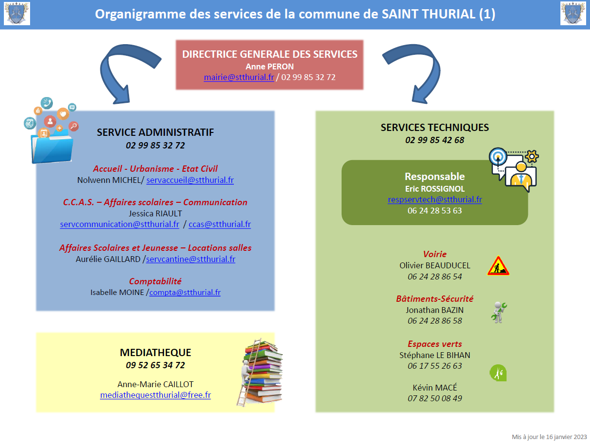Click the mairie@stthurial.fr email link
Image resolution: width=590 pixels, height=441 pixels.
(239, 77)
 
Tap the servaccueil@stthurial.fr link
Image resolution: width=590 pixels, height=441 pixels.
(190, 180)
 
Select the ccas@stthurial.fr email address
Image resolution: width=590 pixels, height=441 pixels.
(220, 224)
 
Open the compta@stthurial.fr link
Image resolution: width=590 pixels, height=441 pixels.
(185, 292)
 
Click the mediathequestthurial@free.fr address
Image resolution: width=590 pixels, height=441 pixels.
(155, 395)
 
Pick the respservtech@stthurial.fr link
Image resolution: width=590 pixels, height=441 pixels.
(435, 199)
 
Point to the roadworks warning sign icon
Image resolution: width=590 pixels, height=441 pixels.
(498, 266)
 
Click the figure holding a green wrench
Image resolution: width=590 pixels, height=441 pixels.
(498, 312)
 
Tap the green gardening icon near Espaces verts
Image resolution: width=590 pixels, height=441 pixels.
(498, 373)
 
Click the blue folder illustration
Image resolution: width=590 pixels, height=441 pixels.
(51, 146)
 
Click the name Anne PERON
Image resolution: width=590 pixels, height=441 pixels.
(269, 66)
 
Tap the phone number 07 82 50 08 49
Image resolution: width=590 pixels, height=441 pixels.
(435, 398)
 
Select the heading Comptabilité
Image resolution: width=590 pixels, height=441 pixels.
(155, 281)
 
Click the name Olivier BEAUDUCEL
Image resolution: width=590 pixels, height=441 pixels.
(435, 265)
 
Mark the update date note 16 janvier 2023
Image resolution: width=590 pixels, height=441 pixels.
(549, 437)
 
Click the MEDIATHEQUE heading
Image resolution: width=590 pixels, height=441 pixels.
(155, 353)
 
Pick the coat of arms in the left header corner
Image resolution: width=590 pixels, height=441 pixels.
(17, 14)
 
